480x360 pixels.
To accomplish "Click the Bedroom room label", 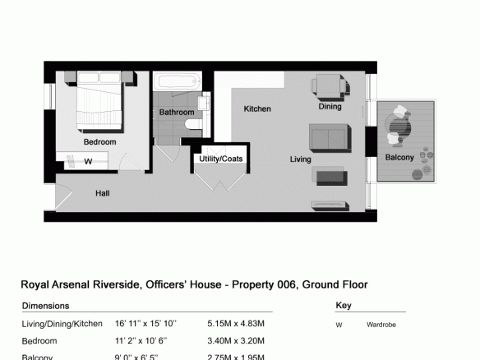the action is tap(99, 141).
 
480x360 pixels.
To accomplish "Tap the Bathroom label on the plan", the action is tap(177, 113).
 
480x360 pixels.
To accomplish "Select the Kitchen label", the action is tap(257, 108).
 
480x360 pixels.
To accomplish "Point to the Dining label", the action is tap(330, 107).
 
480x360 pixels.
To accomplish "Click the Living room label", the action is tap(300, 159).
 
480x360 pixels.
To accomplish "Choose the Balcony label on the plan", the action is tap(399, 157).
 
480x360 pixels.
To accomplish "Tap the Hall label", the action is tap(102, 193).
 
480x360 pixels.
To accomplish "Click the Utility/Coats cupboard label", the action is tap(221, 159).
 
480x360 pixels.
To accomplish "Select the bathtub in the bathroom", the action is tap(178, 81).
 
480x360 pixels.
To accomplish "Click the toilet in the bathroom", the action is tap(193, 124).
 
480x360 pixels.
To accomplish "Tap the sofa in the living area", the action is tap(330, 138).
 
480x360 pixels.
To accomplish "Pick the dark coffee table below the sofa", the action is tap(331, 178).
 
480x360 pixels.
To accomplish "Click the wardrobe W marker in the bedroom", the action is tap(88, 161).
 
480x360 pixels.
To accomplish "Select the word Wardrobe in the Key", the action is tap(381, 325).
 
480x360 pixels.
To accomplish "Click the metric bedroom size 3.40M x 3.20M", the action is tap(236, 341).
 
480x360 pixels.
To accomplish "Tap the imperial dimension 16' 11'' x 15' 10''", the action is tap(145, 324).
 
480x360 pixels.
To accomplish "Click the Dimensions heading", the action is tap(45, 306).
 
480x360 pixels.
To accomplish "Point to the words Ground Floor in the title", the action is tap(335, 284).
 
